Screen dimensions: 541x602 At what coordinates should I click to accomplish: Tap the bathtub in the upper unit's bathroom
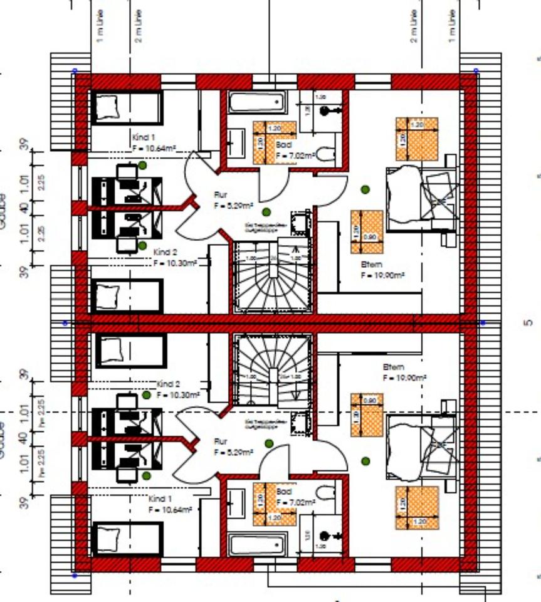click(x=256, y=102)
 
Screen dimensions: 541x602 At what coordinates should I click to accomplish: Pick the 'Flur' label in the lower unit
click(x=220, y=441)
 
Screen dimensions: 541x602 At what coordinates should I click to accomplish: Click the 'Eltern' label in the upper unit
click(x=371, y=264)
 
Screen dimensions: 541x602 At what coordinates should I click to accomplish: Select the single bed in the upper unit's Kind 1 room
click(x=127, y=107)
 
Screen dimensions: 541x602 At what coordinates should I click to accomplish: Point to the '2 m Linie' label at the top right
click(x=414, y=26)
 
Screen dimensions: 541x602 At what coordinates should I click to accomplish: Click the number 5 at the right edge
click(x=527, y=323)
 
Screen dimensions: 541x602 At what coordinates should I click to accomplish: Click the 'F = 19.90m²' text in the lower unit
click(x=404, y=378)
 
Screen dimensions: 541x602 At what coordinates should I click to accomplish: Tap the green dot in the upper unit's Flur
click(x=266, y=212)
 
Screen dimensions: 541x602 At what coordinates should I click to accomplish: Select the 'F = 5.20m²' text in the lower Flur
click(x=233, y=451)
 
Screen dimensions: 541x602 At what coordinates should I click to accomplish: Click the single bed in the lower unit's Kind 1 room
click(x=127, y=539)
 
